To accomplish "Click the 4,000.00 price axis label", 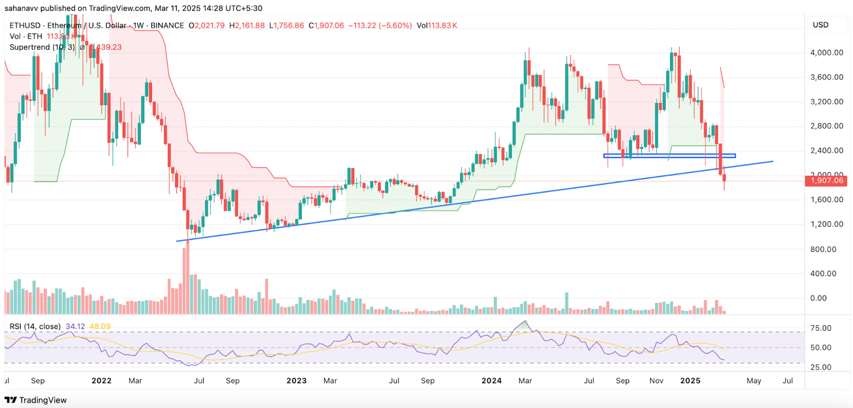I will click(826, 53).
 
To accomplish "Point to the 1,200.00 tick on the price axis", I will click(826, 225).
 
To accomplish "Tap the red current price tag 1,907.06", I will click(827, 181).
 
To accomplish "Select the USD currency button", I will click(820, 25).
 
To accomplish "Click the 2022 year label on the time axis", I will click(101, 381).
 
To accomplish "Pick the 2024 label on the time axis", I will click(491, 381).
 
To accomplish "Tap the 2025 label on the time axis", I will click(690, 381).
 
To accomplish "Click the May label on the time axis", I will click(754, 381).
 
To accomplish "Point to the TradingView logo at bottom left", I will click(36, 400).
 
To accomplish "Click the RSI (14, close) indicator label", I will click(35, 326).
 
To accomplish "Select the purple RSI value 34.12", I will click(75, 326).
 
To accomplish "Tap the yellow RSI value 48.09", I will click(100, 326).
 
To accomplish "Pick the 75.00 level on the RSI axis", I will click(820, 329).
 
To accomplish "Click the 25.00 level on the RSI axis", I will click(820, 367).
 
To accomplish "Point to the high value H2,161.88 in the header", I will click(247, 26).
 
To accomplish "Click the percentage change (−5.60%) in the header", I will click(395, 26).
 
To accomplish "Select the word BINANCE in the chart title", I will click(167, 26).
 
